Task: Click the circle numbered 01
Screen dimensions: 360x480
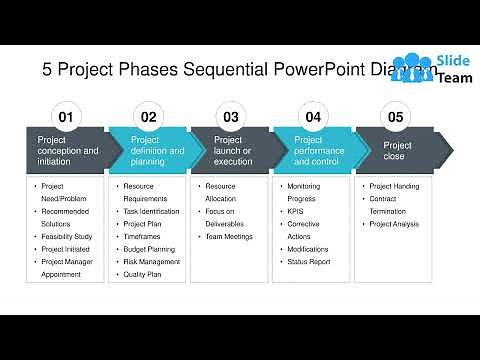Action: pyautogui.click(x=66, y=117)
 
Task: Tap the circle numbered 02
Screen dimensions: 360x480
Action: pyautogui.click(x=148, y=117)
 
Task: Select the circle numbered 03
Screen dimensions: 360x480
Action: pyautogui.click(x=231, y=117)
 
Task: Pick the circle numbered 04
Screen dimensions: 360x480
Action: pyautogui.click(x=313, y=117)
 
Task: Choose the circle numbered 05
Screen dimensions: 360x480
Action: pyautogui.click(x=395, y=117)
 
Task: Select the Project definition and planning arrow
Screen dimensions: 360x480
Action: pyautogui.click(x=150, y=151)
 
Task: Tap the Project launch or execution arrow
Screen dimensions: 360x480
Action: pyautogui.click(x=232, y=151)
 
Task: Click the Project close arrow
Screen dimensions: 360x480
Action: pyautogui.click(x=398, y=151)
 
